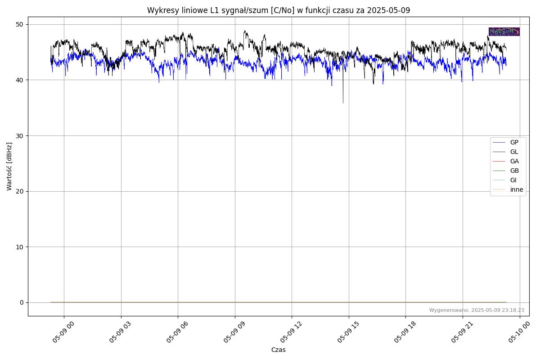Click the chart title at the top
279,10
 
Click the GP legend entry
514,143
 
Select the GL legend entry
514,152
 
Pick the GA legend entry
514,162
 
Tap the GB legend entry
514,171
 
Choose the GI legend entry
513,180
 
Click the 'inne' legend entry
516,190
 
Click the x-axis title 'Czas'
278,350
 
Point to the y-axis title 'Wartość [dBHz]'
9,166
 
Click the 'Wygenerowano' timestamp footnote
477,310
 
